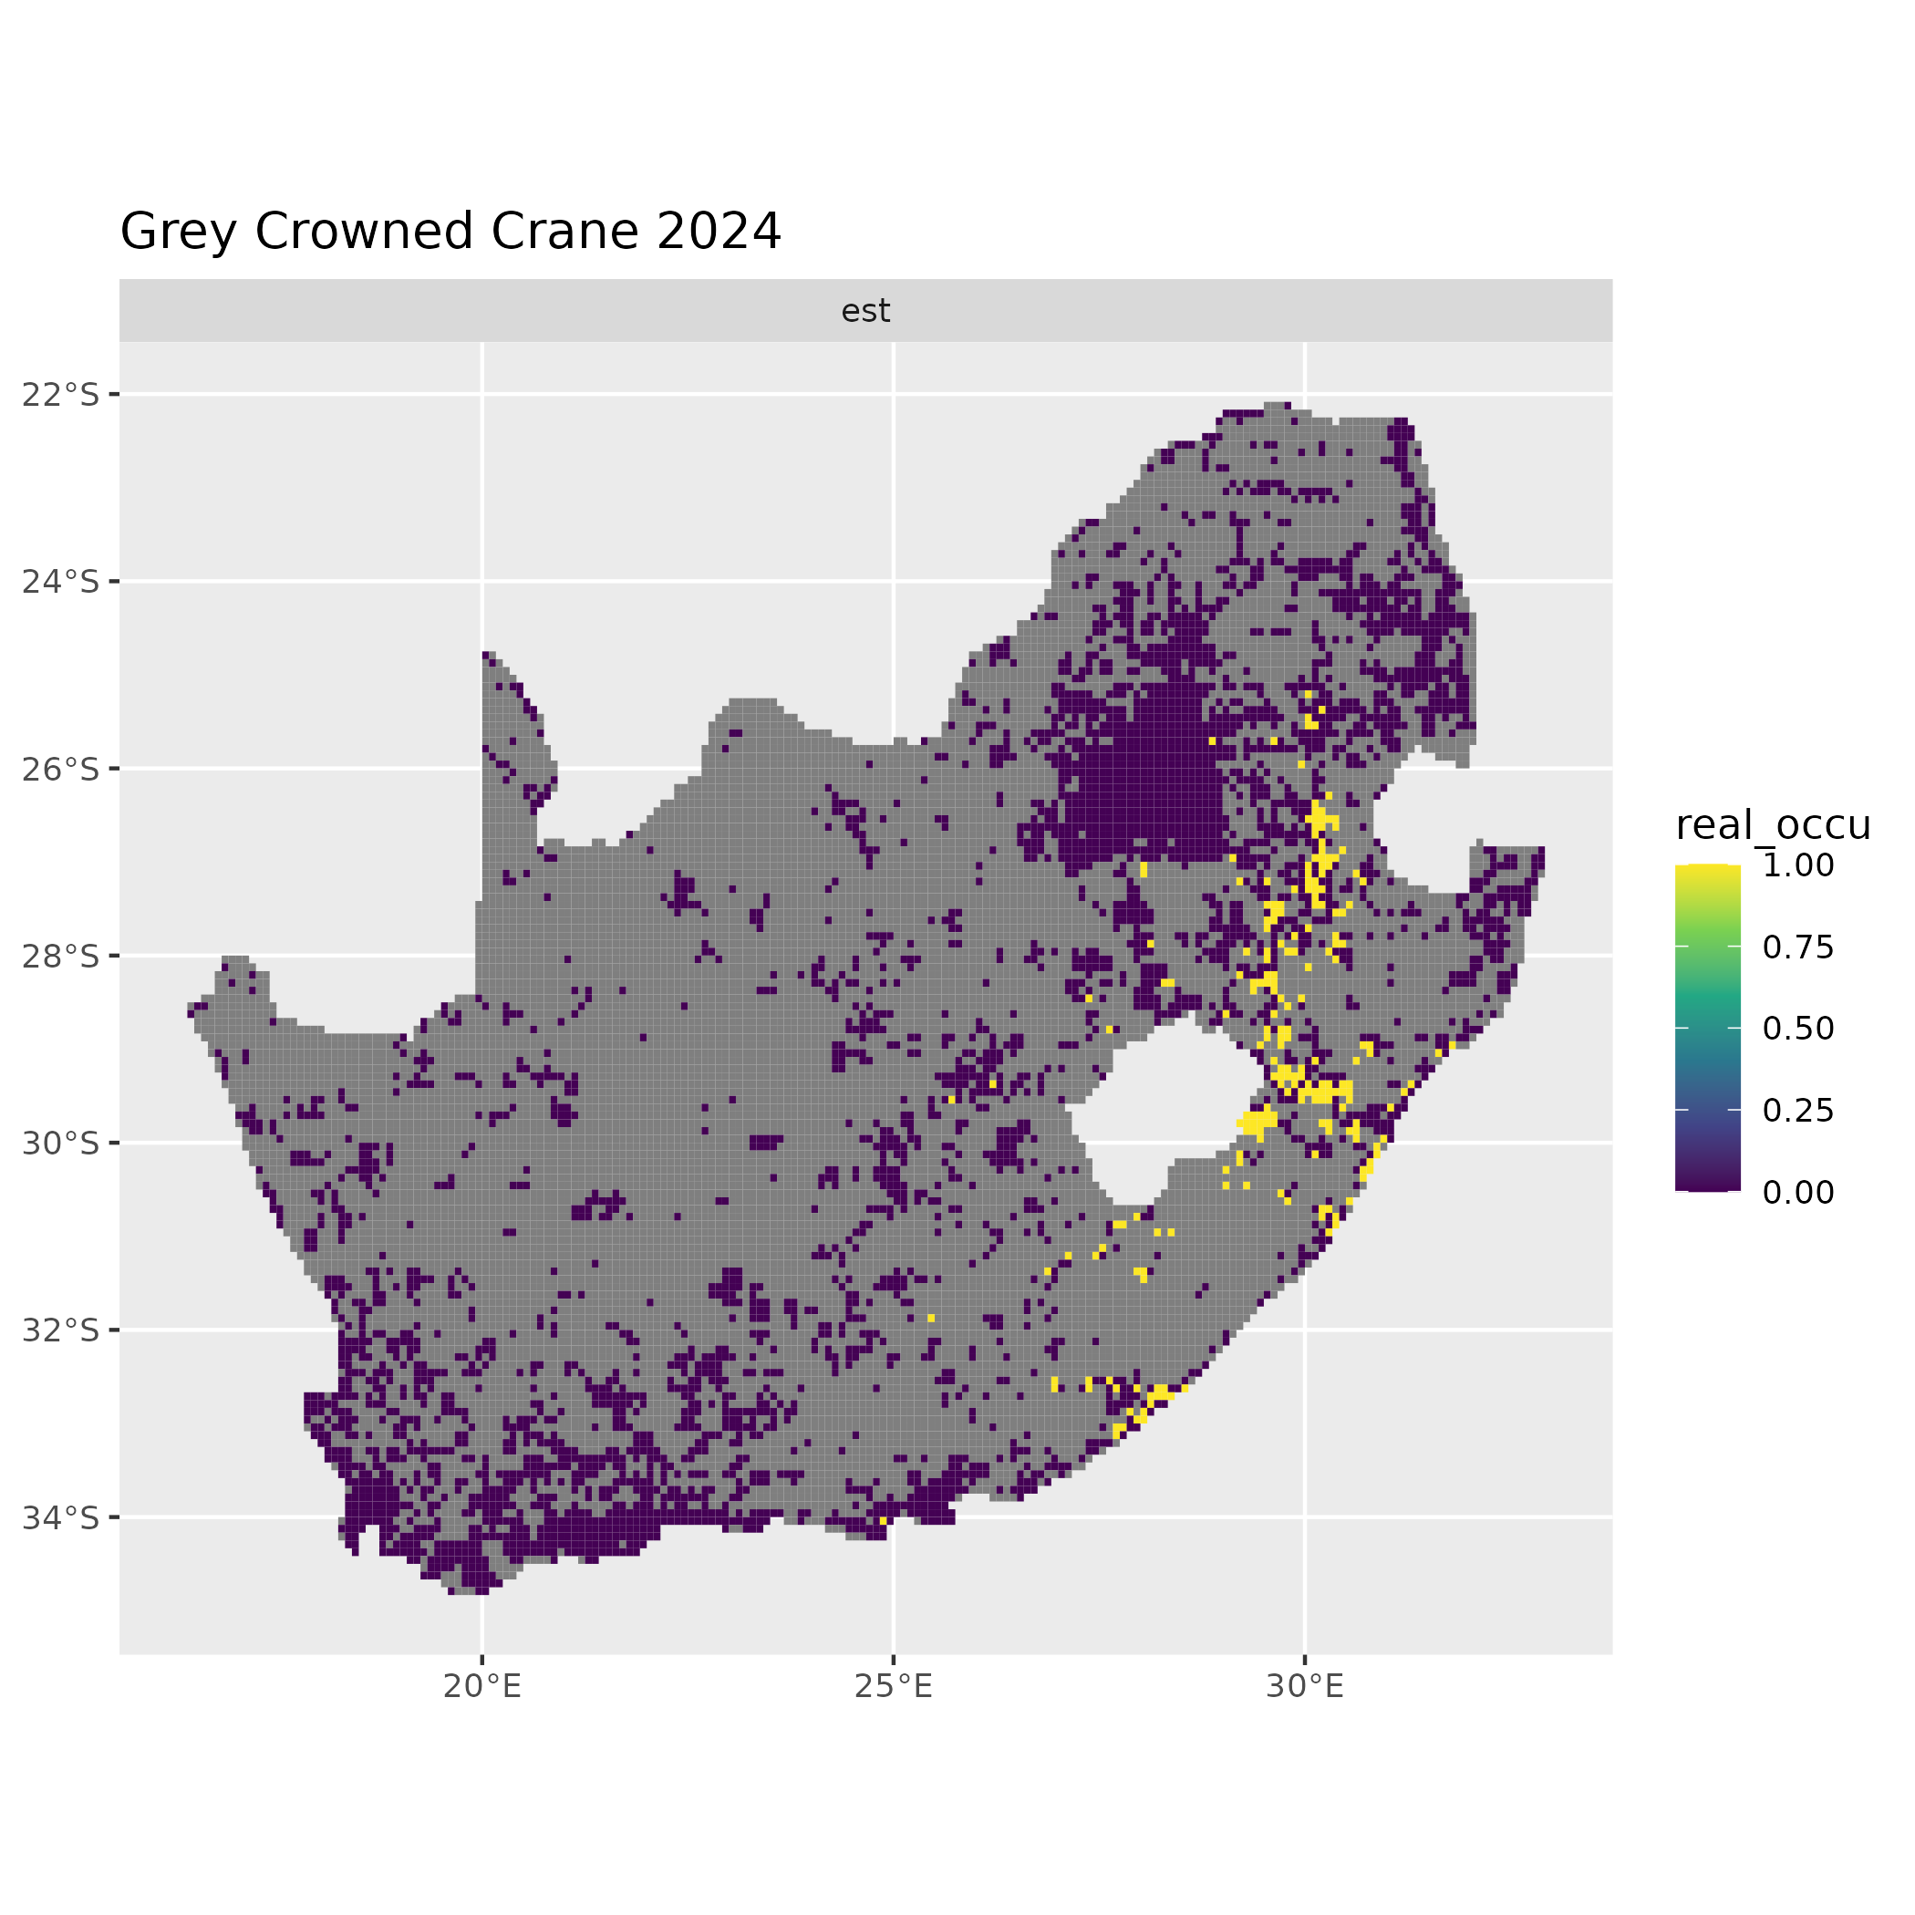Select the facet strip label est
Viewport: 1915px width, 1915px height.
pos(865,311)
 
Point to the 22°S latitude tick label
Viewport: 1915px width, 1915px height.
pos(61,395)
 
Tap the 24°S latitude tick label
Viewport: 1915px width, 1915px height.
pos(61,581)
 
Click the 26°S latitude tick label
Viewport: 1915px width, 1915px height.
pos(61,768)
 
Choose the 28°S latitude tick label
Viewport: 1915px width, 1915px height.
pos(61,956)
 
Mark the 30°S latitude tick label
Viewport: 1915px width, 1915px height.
pos(61,1143)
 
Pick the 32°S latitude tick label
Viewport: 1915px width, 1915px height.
pos(61,1330)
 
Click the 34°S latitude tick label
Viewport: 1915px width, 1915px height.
pos(61,1516)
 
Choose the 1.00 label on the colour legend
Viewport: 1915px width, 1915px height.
pos(1798,865)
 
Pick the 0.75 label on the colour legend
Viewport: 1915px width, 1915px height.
pos(1798,947)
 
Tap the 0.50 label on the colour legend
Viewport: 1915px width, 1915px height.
pos(1798,1029)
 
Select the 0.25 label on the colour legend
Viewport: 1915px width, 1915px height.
pos(1798,1110)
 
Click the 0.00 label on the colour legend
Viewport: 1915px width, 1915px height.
pos(1798,1193)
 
